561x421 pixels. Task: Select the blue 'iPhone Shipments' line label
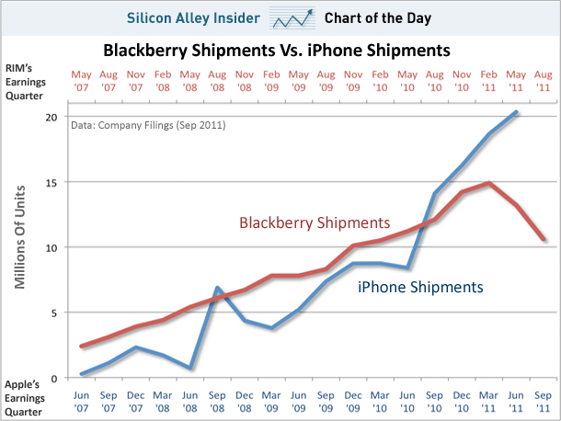point(419,287)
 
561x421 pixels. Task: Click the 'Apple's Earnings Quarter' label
point(29,398)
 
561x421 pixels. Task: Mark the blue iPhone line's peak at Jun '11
point(515,112)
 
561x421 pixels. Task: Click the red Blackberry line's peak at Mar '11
point(489,183)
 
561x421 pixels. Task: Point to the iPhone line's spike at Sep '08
point(217,289)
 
